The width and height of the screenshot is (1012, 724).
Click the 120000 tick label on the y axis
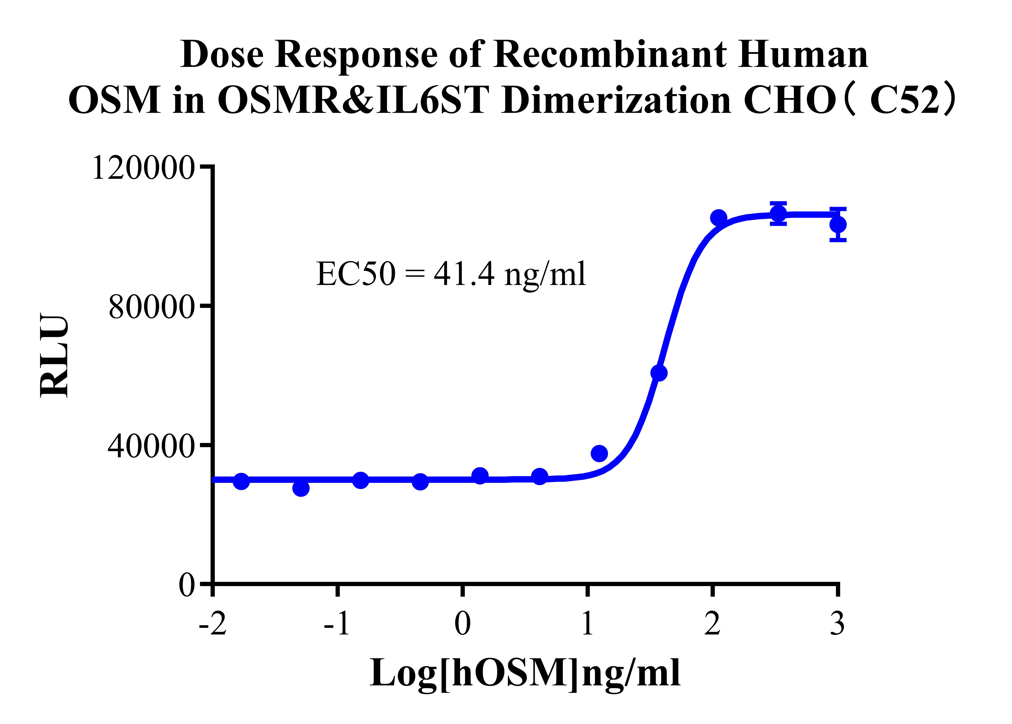(143, 168)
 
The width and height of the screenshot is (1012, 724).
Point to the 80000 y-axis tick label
(151, 308)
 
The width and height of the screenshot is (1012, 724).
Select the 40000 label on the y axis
(151, 446)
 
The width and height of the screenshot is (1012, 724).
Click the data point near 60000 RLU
(659, 373)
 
